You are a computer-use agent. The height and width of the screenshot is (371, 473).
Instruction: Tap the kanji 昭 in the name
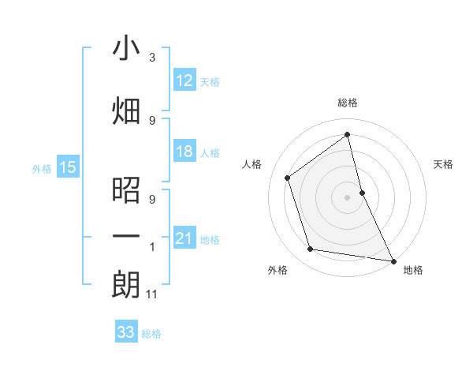click(x=126, y=191)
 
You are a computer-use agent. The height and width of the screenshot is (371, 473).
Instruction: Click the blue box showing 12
click(x=184, y=81)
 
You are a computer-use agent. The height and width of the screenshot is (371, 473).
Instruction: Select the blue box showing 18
click(x=184, y=152)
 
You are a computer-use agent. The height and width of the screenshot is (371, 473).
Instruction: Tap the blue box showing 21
click(x=184, y=238)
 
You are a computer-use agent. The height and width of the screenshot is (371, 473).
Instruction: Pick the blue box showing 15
click(x=67, y=167)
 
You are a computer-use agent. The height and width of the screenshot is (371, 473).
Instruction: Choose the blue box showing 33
click(x=125, y=332)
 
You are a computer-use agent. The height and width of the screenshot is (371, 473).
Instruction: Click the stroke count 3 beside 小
click(x=152, y=58)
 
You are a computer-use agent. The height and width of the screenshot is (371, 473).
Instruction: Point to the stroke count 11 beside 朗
click(x=153, y=295)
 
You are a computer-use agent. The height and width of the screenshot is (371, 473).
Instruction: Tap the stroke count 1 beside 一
click(x=152, y=247)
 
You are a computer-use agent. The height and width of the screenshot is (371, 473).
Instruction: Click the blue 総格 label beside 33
click(x=151, y=334)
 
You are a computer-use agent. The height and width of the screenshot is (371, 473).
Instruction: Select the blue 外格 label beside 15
click(x=41, y=168)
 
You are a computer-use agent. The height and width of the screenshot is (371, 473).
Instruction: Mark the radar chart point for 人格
click(x=288, y=178)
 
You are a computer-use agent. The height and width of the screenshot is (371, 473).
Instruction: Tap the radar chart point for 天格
click(x=362, y=192)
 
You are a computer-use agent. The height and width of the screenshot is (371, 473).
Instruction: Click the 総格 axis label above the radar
click(x=347, y=103)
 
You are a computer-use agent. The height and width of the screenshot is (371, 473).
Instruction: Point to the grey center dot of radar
click(x=347, y=197)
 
